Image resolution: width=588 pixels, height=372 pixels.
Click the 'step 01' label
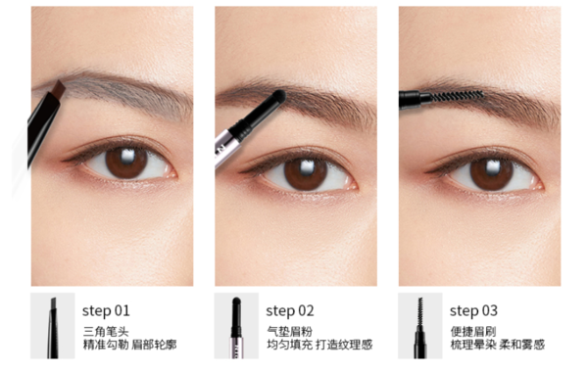point(106,311)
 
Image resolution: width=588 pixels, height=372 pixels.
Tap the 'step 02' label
point(290,311)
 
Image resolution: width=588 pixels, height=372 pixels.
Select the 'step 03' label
point(473,311)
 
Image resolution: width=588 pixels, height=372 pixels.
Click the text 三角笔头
point(106,332)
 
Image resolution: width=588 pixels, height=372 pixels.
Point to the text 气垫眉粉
point(289,332)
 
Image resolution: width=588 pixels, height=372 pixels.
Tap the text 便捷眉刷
point(473,332)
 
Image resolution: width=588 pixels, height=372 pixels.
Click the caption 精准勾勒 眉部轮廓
point(129,345)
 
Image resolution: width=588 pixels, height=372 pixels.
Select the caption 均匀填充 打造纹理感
point(319,345)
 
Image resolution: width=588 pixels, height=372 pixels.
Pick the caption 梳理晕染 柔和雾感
point(497,345)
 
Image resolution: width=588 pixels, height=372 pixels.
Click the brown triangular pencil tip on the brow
point(59,90)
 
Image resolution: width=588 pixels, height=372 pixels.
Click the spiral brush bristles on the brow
point(456,96)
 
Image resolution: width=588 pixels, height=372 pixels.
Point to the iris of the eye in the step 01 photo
point(126,163)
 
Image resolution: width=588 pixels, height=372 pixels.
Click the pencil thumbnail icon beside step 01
point(53,326)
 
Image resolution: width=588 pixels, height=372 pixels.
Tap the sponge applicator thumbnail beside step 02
point(236,326)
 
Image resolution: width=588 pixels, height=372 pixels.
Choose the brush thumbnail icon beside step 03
point(420,326)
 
